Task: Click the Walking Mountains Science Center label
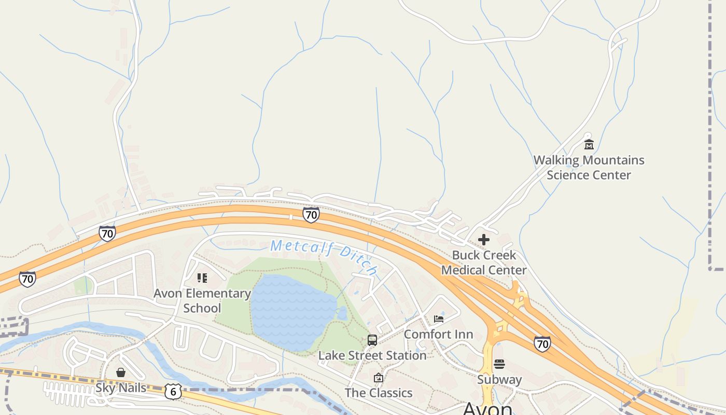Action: point(589,168)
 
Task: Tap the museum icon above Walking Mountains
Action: point(589,144)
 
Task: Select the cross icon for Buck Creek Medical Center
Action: point(483,239)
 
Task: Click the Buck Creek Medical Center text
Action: point(483,262)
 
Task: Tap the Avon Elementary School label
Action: point(202,300)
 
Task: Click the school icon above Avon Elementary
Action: point(202,278)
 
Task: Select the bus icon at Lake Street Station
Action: point(372,340)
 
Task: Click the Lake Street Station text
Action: point(372,356)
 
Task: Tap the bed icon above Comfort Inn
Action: point(439,319)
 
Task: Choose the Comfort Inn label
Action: point(438,334)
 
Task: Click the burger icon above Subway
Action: point(499,364)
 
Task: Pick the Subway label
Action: point(499,380)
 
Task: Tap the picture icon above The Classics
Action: point(378,378)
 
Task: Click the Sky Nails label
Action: point(120,388)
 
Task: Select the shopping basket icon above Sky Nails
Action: point(120,372)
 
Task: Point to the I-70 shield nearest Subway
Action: point(542,343)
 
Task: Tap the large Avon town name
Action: point(487,409)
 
